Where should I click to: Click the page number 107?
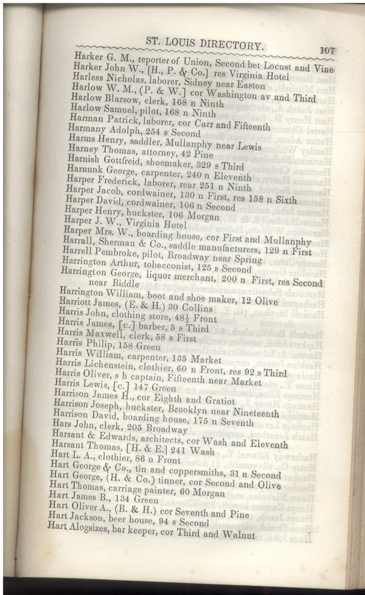pos(327,50)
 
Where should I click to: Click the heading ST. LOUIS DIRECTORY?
pos(205,44)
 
